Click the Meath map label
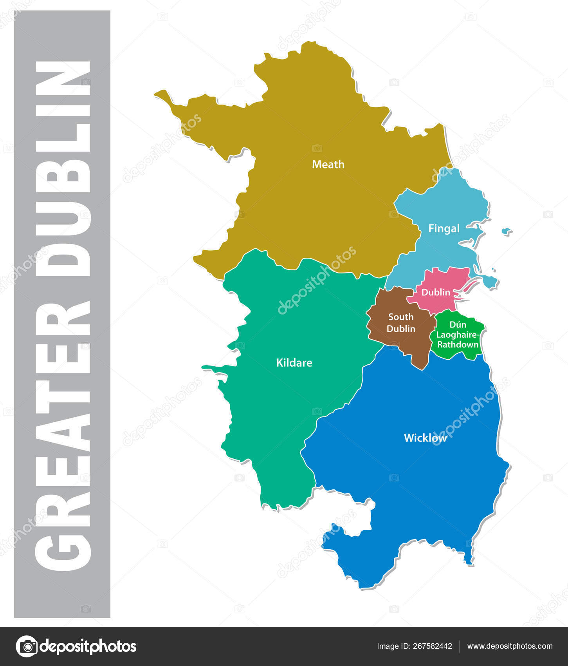click(x=328, y=165)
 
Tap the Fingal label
click(x=444, y=228)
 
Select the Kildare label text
click(x=294, y=363)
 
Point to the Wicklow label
click(x=425, y=438)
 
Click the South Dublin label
click(x=401, y=323)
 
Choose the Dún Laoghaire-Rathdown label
click(x=458, y=335)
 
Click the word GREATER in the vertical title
click(x=63, y=435)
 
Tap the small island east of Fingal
click(x=507, y=231)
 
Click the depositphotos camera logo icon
click(x=27, y=646)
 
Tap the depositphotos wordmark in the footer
click(x=88, y=646)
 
